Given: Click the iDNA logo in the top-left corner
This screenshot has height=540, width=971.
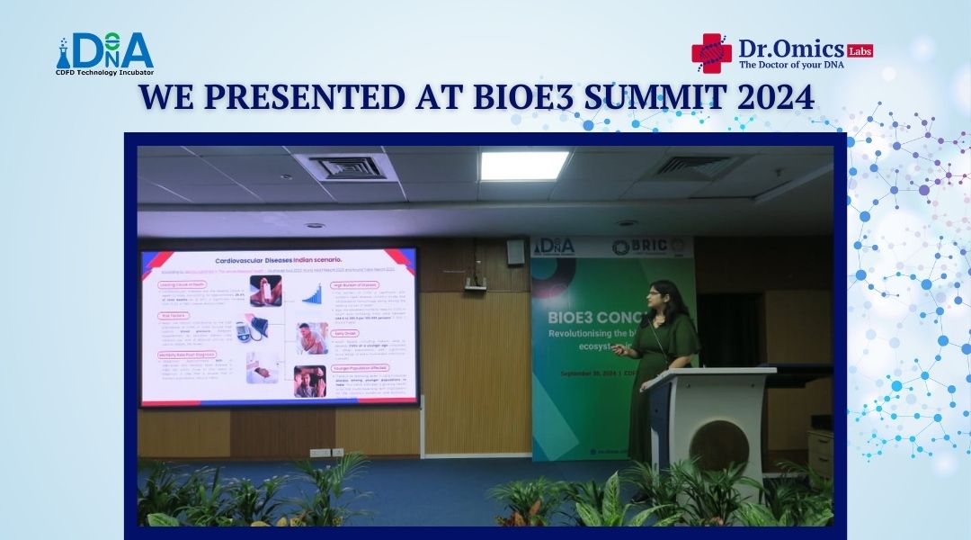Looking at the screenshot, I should tap(105, 54).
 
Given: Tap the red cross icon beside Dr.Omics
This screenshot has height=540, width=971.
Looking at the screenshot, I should tap(711, 52).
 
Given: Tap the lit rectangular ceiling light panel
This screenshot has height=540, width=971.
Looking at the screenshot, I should tap(523, 166).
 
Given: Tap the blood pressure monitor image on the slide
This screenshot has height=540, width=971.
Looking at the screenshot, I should tap(250, 328).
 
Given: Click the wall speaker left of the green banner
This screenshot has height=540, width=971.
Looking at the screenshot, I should tap(515, 251).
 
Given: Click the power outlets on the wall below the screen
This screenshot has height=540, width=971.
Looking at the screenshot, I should tap(320, 453).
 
